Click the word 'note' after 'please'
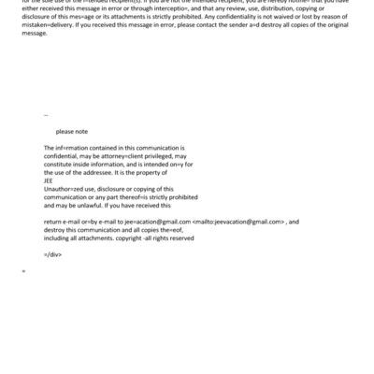click(80, 132)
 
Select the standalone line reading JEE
click(49, 181)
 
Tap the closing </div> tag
click(51, 253)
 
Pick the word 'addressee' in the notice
click(102, 172)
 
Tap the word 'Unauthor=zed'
click(65, 188)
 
